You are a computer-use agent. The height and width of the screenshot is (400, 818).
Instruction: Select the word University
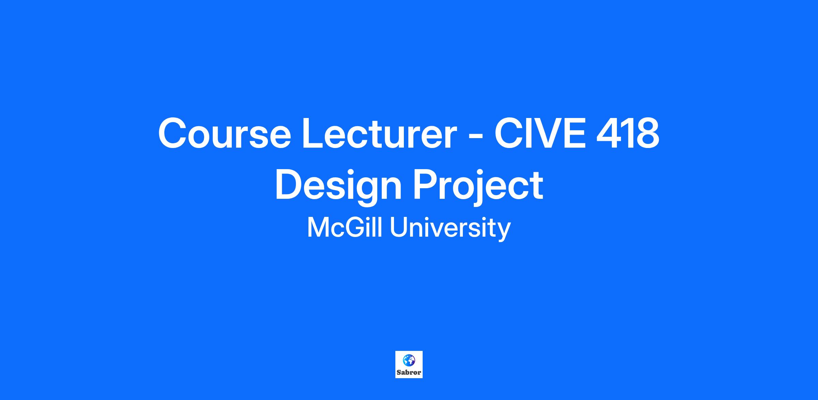(450, 229)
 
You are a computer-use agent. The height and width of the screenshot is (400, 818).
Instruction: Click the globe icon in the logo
(409, 360)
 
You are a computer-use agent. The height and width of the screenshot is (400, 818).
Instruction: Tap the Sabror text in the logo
(409, 372)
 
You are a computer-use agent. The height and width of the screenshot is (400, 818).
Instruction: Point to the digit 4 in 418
(609, 133)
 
